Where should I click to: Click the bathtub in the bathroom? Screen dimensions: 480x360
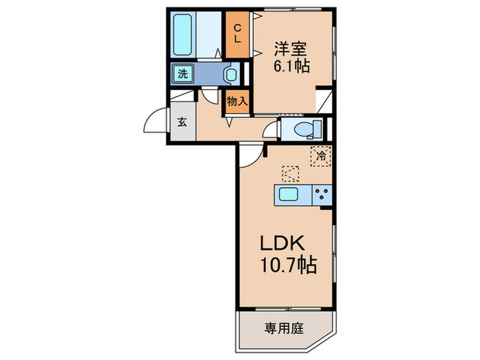183,34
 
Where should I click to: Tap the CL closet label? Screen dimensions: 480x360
237,34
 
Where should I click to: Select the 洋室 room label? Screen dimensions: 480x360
291,49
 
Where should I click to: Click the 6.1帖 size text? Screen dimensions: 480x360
291,66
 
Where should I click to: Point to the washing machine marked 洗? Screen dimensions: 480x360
183,73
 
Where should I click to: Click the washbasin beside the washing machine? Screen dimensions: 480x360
231,74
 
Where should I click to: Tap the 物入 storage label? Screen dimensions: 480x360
237,101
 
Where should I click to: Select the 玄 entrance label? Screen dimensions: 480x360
182,122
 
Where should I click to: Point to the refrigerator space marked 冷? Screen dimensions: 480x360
321,156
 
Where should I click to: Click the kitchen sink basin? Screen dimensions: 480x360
289,194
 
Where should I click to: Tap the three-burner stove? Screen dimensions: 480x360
322,195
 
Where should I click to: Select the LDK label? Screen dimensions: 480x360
283,243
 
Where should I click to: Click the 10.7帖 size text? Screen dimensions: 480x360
289,265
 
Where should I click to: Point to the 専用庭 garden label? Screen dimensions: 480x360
284,328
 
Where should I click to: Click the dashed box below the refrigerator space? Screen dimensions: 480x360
291,174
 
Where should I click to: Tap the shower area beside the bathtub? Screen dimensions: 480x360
209,34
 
